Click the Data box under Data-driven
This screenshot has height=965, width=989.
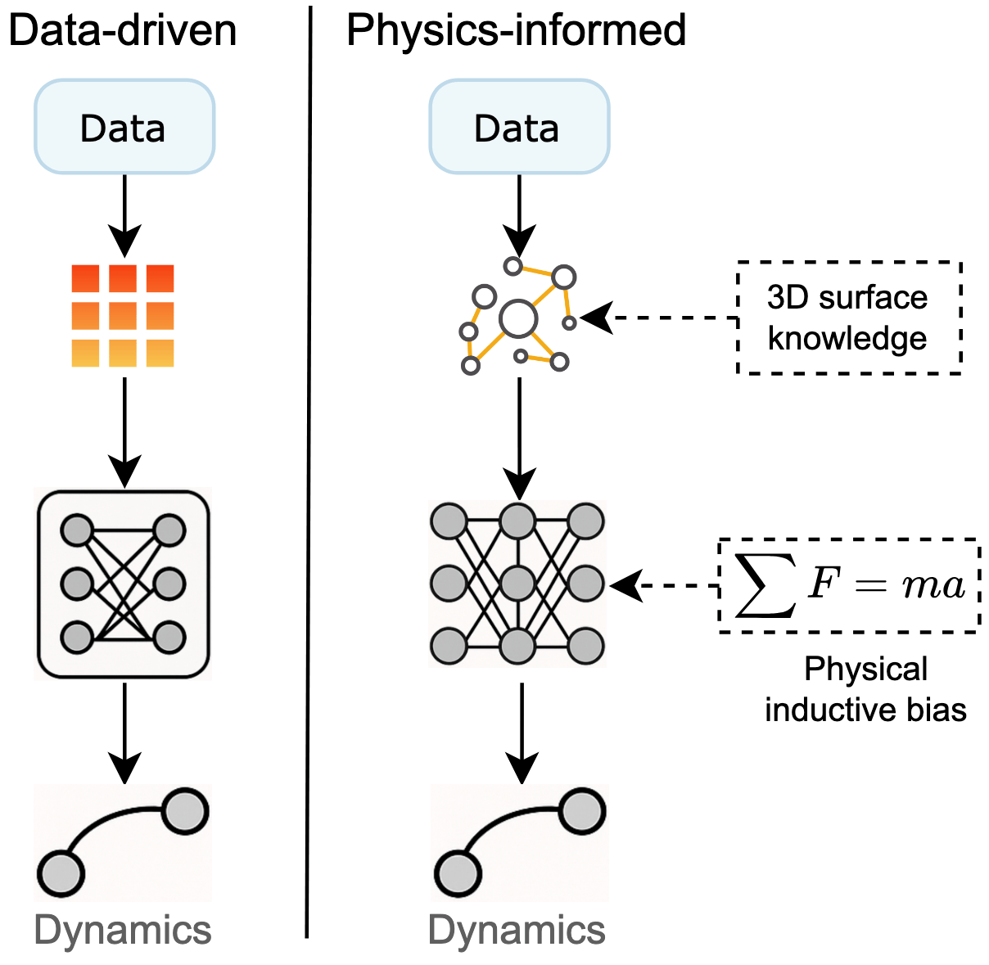(x=124, y=127)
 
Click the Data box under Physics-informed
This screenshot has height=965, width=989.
(x=518, y=127)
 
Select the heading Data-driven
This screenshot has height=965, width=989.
(x=123, y=30)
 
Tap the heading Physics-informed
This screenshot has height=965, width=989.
(x=516, y=30)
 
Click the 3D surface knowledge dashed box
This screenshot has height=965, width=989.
(x=848, y=318)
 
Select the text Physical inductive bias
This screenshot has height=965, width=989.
(x=865, y=689)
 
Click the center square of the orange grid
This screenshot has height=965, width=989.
(x=123, y=316)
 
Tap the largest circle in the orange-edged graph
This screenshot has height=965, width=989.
(x=518, y=318)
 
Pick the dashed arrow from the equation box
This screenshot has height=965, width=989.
(x=667, y=585)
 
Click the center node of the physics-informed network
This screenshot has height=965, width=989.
(x=517, y=584)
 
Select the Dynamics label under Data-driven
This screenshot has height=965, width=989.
(x=123, y=931)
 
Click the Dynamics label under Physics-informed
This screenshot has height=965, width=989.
(x=517, y=931)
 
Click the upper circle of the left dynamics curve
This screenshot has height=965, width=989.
(x=185, y=810)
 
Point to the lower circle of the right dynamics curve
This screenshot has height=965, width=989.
(x=457, y=873)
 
